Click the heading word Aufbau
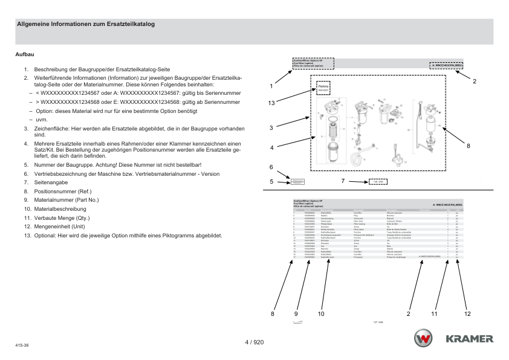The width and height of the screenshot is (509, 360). click(24, 54)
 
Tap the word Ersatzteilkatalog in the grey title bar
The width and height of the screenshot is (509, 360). click(128, 25)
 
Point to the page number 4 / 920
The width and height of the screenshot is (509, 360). click(254, 342)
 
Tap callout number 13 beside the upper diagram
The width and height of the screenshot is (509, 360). click(272, 103)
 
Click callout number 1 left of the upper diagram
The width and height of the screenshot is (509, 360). click(271, 86)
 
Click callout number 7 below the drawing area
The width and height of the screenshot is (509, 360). click(343, 181)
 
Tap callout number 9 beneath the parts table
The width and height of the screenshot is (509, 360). click(296, 313)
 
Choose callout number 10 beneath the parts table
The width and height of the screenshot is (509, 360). click(321, 313)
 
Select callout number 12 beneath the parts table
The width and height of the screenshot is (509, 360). click(467, 313)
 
